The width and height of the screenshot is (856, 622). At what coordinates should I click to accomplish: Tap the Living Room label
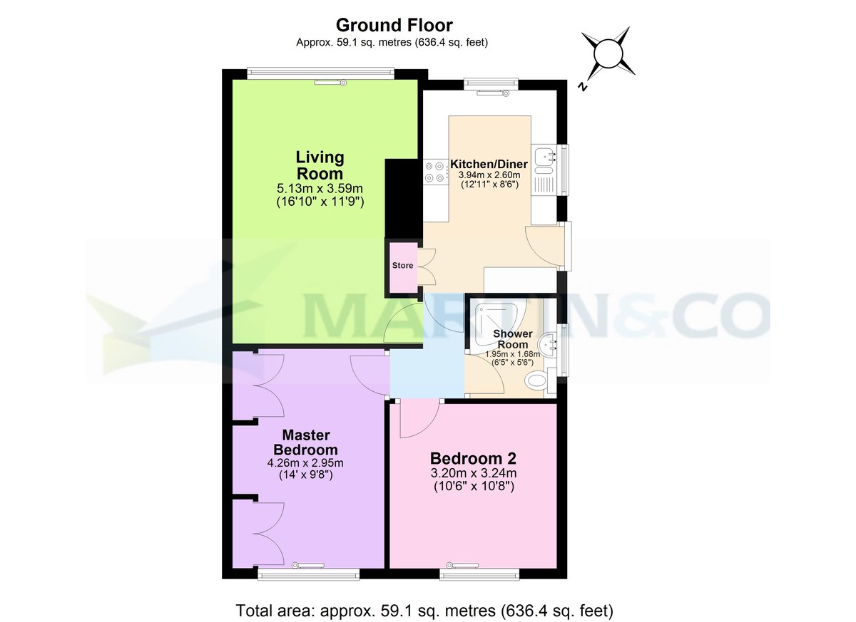[x=320, y=165]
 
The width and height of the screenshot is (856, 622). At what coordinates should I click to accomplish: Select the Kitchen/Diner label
[x=489, y=164]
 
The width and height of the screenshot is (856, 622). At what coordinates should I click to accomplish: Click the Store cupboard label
[x=402, y=266]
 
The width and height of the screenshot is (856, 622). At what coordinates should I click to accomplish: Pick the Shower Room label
[x=513, y=339]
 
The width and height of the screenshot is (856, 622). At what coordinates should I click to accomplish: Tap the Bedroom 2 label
[x=473, y=458]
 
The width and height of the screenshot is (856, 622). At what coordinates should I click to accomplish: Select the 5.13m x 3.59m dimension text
[x=320, y=189]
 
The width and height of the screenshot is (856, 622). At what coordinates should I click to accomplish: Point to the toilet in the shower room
[x=539, y=381]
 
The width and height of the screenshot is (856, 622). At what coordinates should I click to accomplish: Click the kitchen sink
[x=546, y=158]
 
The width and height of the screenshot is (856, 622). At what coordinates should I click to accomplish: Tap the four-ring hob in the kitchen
[x=433, y=174]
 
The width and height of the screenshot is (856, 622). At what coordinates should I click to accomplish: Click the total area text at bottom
[x=424, y=610]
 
